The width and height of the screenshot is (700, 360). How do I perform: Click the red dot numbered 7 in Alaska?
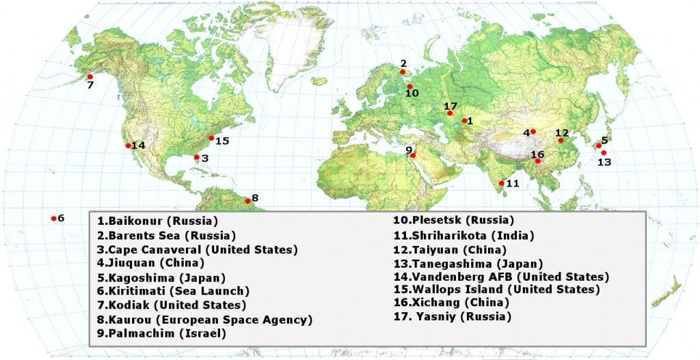(x=90, y=77)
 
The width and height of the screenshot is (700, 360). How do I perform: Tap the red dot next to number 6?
(x=53, y=219)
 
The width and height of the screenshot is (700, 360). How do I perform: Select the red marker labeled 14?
(x=128, y=146)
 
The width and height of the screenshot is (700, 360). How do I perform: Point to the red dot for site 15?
(x=211, y=138)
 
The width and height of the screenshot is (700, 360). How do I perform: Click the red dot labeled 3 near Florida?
(x=197, y=157)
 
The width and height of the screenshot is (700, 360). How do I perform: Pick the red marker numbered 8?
(x=247, y=201)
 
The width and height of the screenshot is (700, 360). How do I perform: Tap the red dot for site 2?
(x=403, y=72)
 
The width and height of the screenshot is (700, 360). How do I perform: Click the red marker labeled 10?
(x=409, y=87)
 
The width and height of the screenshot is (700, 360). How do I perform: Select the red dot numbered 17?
(x=450, y=113)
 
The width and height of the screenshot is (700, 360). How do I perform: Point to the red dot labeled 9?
(x=414, y=155)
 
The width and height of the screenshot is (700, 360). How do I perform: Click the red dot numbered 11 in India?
(x=502, y=183)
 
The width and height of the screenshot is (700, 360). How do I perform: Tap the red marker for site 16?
(x=538, y=161)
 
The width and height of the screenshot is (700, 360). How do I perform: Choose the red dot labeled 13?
(x=604, y=153)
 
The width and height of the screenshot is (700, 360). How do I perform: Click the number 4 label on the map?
(x=526, y=132)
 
